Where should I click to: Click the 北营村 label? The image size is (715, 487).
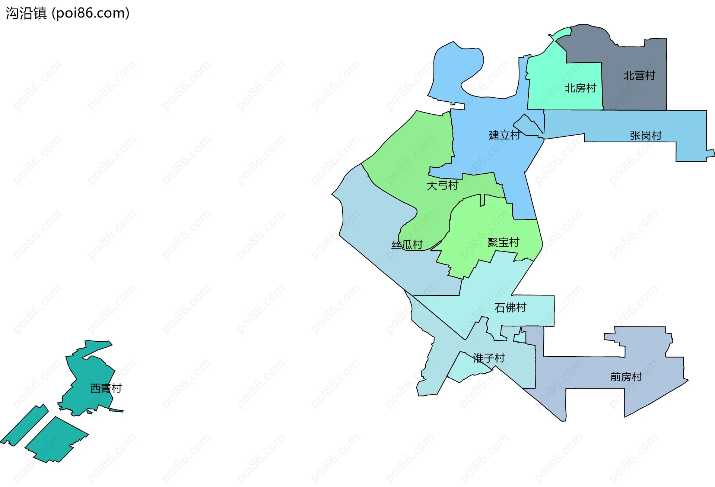coord(639,76)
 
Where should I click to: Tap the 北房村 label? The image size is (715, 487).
coord(580,88)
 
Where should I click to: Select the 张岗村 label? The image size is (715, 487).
coord(645,136)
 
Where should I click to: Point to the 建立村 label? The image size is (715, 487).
coord(504,135)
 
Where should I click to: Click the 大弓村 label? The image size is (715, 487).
coord(442,185)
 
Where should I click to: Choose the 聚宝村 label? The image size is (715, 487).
coord(503,243)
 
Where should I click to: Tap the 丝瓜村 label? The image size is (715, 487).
coord(407,245)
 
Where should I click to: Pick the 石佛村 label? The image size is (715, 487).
coord(510,307)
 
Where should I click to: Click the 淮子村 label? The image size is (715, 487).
coord(489,358)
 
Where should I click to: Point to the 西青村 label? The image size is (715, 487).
coord(106,388)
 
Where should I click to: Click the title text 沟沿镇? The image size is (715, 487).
coord(26,13)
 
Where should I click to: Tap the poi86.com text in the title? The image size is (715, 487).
coord(90,13)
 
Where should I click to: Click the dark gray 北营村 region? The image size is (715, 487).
coord(633,93)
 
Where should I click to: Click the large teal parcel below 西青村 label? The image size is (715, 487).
coord(56,440)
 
